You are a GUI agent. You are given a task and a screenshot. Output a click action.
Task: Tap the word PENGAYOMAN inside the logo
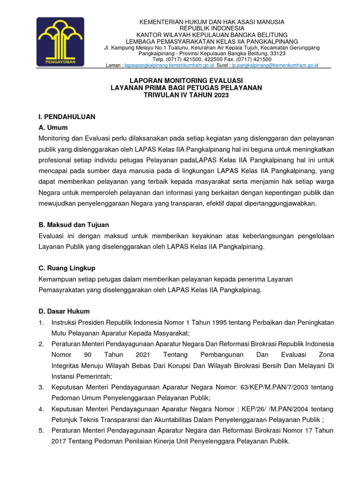point(60,61)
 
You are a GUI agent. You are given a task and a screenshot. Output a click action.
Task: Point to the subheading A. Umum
point(53,127)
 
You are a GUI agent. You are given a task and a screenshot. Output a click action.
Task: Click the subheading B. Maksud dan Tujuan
point(74,225)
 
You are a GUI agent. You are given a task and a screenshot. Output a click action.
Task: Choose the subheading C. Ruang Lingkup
point(67,268)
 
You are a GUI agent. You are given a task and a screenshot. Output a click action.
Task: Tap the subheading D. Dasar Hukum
point(64,311)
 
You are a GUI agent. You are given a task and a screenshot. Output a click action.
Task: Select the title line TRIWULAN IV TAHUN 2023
point(186,95)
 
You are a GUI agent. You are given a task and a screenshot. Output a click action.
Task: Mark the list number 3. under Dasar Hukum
point(41,387)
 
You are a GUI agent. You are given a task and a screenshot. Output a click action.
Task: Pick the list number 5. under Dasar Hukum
point(41,430)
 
